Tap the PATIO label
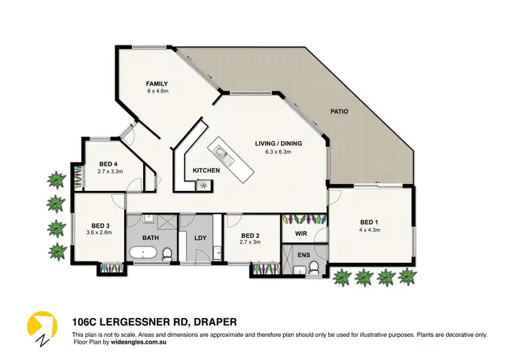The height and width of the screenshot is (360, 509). [339, 111]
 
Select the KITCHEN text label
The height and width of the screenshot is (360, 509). [206, 170]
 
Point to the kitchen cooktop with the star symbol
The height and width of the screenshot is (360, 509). [202, 183]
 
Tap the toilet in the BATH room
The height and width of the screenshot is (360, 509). [168, 253]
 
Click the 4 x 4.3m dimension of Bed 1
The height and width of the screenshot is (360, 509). [370, 230]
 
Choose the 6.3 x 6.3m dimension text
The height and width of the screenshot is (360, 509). [278, 151]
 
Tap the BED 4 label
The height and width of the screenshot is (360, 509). [108, 164]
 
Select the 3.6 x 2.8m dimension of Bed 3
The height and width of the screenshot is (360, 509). [98, 233]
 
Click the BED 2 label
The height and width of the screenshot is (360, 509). [250, 234]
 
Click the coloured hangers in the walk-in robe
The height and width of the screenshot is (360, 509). [304, 220]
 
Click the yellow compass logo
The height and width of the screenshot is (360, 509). [40, 327]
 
